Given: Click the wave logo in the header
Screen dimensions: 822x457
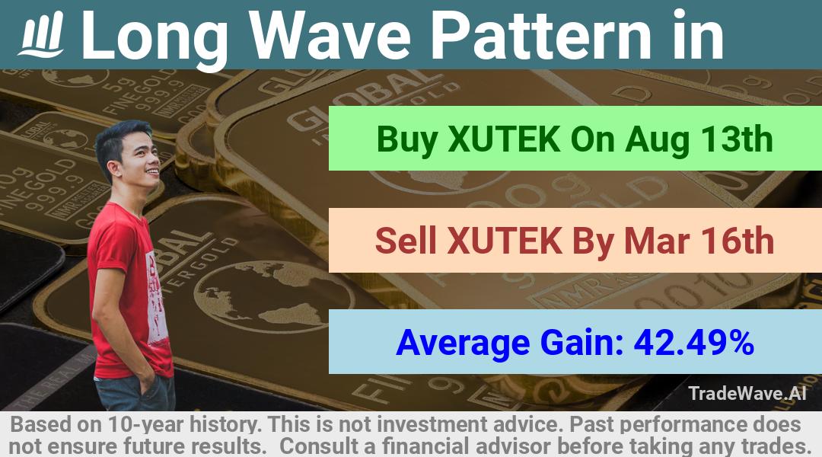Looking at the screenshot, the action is click(41, 34).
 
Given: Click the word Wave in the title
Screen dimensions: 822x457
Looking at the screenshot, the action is click(330, 37).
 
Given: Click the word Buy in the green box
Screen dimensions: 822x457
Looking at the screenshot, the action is click(406, 139).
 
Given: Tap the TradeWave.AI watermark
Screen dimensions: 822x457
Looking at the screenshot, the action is click(747, 393).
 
